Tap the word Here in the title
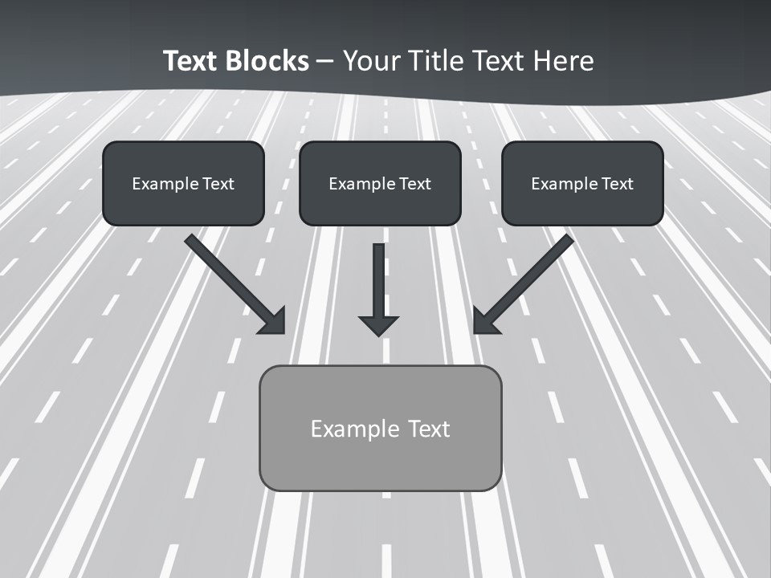coord(564,61)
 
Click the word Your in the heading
coord(370,61)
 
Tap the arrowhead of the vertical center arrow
coord(378,324)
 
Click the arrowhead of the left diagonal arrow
coord(274,321)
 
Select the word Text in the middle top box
coord(414,184)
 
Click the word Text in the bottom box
coord(428,429)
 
